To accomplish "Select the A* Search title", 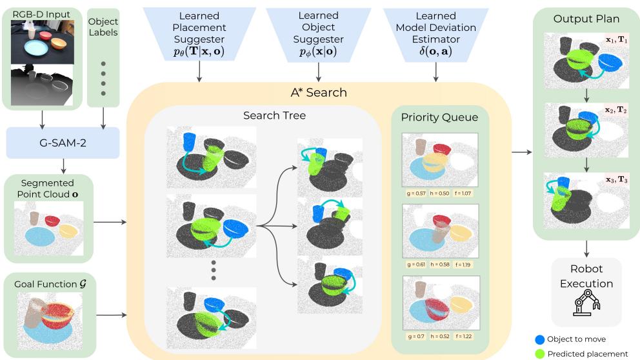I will click(x=319, y=92).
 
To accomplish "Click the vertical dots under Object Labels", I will click(x=103, y=71).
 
